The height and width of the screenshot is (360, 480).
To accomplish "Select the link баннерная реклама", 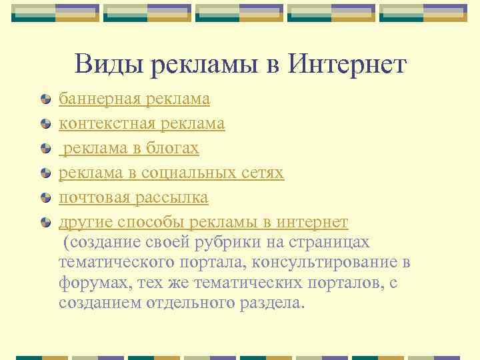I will coord(134,99).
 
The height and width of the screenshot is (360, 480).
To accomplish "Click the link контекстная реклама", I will coord(141,124).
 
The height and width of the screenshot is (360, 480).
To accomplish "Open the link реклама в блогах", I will coord(129,149).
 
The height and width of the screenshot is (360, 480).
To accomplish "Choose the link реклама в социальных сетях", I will coord(171,173).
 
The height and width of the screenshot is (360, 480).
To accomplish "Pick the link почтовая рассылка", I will coord(133,198).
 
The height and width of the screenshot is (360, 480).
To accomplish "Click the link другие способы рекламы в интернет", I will coord(203,223).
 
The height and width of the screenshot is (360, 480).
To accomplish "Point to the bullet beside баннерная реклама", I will coord(45,100).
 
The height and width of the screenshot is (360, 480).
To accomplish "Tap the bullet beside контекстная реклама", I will coord(45,125).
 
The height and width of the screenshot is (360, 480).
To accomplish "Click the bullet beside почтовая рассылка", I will coord(45,199).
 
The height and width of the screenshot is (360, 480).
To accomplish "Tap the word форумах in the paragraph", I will coord(95,283).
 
